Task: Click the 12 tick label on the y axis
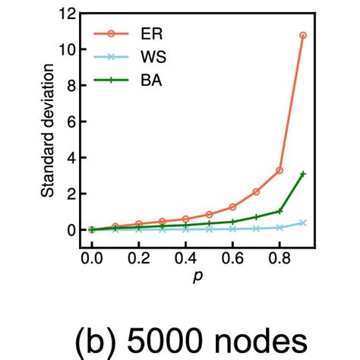click(x=67, y=14)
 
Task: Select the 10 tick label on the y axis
click(x=67, y=49)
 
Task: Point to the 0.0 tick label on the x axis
click(x=92, y=258)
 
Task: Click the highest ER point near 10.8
click(x=303, y=35)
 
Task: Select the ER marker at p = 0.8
click(x=279, y=170)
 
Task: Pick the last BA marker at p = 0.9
click(x=303, y=174)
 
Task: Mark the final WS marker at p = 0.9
click(x=303, y=223)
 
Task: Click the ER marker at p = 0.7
click(x=256, y=191)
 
